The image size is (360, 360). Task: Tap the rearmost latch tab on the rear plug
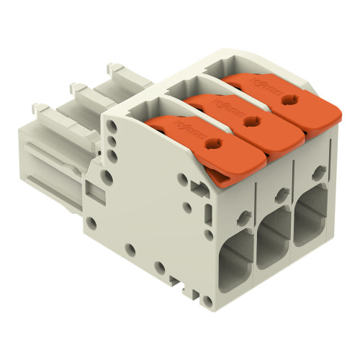pyautogui.click(x=114, y=69)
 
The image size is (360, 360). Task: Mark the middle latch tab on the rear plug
pyautogui.click(x=78, y=89)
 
